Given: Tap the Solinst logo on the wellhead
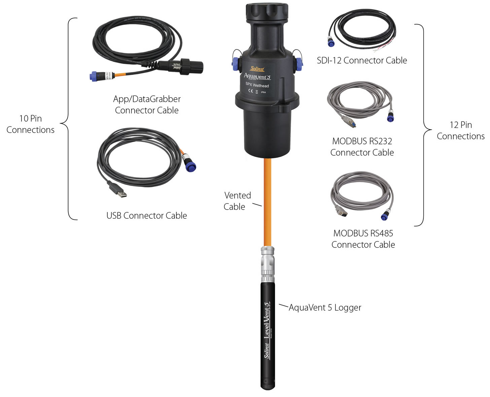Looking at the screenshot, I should [x=257, y=69].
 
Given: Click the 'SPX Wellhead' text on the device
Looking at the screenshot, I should [x=257, y=85].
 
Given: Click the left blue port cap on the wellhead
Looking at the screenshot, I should [x=236, y=63].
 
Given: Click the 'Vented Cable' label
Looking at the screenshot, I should [x=237, y=201].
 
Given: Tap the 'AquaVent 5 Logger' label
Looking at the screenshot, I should [x=325, y=308].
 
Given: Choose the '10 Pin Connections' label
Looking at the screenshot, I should [x=30, y=124].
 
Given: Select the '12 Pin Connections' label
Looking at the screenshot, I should [x=460, y=131].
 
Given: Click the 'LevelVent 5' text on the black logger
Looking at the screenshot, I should [x=267, y=320].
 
